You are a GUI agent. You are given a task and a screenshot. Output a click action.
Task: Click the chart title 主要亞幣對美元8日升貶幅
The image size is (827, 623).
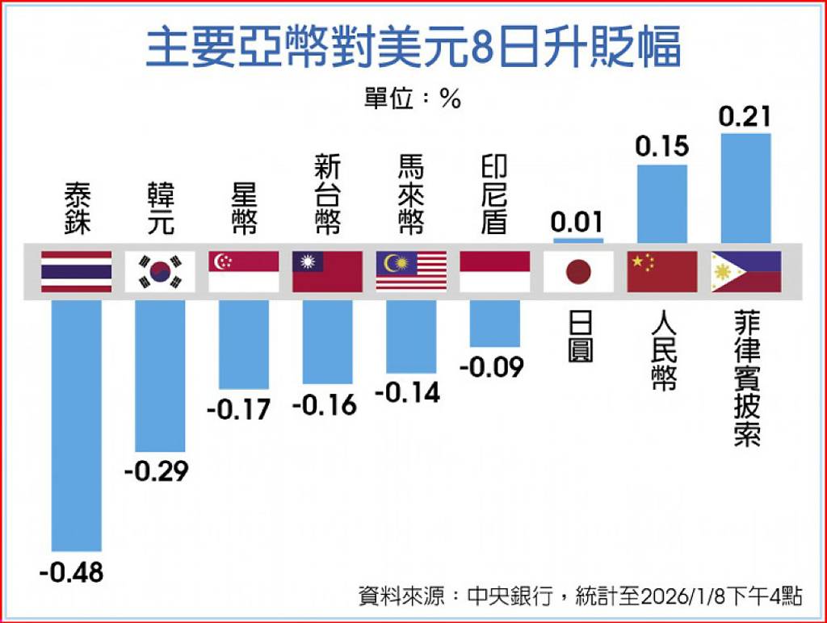(x=413, y=49)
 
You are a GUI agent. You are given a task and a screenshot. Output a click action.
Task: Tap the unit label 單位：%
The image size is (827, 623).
(x=413, y=99)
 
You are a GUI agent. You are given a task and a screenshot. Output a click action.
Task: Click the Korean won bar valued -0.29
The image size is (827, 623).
(x=160, y=376)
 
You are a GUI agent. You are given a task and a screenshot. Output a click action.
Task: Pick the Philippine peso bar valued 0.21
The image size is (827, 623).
(x=745, y=188)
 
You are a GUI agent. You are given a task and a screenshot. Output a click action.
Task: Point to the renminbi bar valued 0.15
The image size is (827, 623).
(x=662, y=203)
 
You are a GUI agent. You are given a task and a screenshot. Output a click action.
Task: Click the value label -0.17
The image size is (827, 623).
(x=238, y=409)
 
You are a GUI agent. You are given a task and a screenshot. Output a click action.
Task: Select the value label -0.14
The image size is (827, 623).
(x=408, y=392)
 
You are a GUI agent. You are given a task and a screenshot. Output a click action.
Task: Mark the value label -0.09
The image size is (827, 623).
(x=492, y=367)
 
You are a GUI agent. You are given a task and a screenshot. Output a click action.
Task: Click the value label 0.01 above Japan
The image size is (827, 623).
(x=577, y=221)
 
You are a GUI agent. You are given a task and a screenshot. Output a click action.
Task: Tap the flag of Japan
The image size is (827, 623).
(x=578, y=272)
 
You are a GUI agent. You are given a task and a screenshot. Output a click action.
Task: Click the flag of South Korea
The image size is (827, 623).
(x=160, y=272)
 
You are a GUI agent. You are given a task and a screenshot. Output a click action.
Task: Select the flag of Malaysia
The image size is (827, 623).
(x=411, y=272)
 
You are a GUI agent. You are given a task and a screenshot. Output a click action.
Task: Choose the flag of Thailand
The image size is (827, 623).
(x=77, y=272)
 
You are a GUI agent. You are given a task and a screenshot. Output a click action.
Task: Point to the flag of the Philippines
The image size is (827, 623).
(x=745, y=272)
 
